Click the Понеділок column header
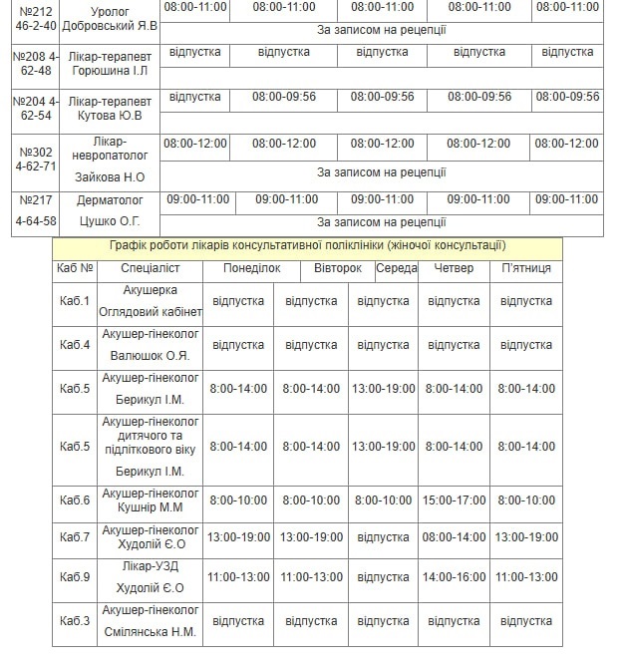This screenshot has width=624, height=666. click(238, 268)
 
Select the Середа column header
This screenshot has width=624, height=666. click(397, 268)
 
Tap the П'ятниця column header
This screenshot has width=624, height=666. click(526, 268)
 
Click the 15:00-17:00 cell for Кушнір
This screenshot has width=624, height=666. click(455, 499)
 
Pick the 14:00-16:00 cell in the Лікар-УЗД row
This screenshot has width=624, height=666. click(455, 577)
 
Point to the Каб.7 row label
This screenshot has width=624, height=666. click(75, 537)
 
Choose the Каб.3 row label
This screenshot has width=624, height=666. click(75, 621)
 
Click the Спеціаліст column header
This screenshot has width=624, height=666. click(151, 268)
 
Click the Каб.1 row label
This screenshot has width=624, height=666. click(75, 301)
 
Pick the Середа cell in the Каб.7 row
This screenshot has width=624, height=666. click(383, 537)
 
